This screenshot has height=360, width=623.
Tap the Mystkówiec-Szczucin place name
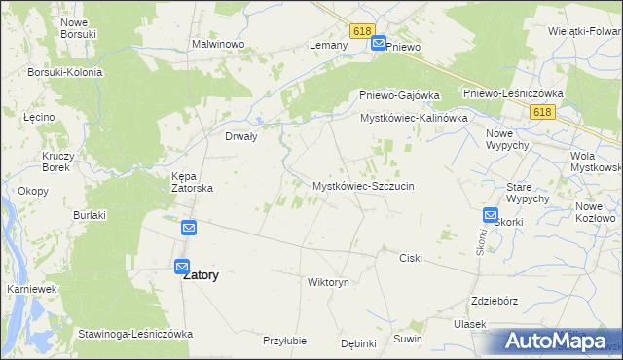363,185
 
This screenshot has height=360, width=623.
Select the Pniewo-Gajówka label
395,95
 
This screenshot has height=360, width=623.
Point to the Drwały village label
240,137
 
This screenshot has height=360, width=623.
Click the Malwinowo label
217,45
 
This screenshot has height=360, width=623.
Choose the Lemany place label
328,46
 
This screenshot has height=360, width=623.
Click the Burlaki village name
89,214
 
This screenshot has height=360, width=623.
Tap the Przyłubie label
285,341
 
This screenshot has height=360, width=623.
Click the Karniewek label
29,290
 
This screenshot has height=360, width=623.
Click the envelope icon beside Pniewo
379,44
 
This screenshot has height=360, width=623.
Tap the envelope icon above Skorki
491,216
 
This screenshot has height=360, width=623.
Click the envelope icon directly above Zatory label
182,266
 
